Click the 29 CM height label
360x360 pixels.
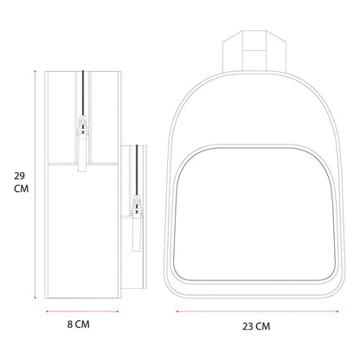21,182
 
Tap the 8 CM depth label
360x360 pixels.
79,325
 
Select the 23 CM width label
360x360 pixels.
256,326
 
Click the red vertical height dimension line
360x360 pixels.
35,184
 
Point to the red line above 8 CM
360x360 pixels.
82,312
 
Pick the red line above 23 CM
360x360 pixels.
257,312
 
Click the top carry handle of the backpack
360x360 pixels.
254,51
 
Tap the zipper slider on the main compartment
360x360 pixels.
83,125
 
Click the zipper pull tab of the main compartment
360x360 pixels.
82,153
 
